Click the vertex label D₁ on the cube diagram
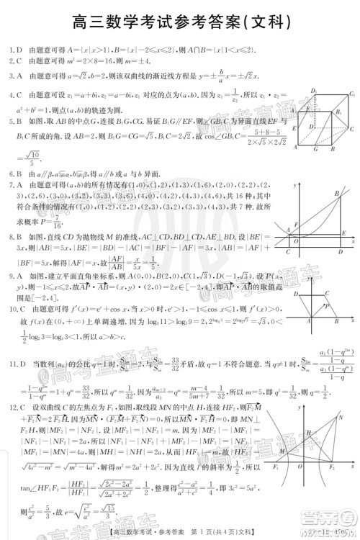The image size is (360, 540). (x=315, y=89)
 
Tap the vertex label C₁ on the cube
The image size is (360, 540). (x=352, y=94)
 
